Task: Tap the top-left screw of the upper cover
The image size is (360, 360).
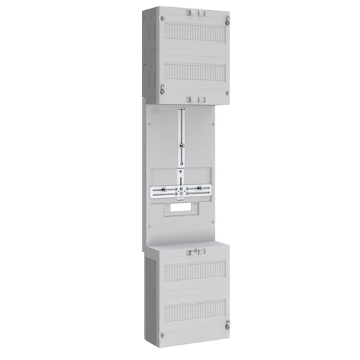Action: tap(163, 17)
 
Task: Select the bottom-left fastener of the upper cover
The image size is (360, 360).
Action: tap(163, 89)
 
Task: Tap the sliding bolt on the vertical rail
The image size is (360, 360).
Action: tap(182, 143)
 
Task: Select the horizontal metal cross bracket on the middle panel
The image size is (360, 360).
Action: tap(181, 192)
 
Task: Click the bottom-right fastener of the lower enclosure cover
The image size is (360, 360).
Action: tap(227, 323)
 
